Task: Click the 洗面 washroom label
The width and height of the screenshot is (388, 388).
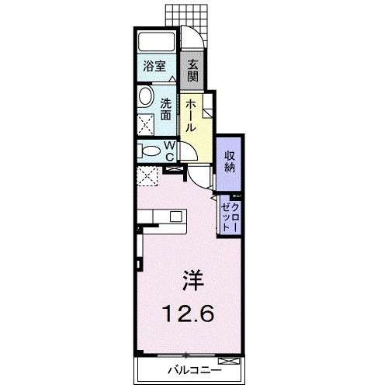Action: pos(166,108)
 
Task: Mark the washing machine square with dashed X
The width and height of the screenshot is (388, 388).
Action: pos(147,123)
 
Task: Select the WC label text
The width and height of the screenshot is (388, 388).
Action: pos(170,151)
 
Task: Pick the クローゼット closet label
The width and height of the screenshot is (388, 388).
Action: pos(230,214)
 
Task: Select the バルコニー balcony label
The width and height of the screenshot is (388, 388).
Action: pos(192,370)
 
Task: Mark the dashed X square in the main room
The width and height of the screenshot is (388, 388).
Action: pos(147,176)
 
